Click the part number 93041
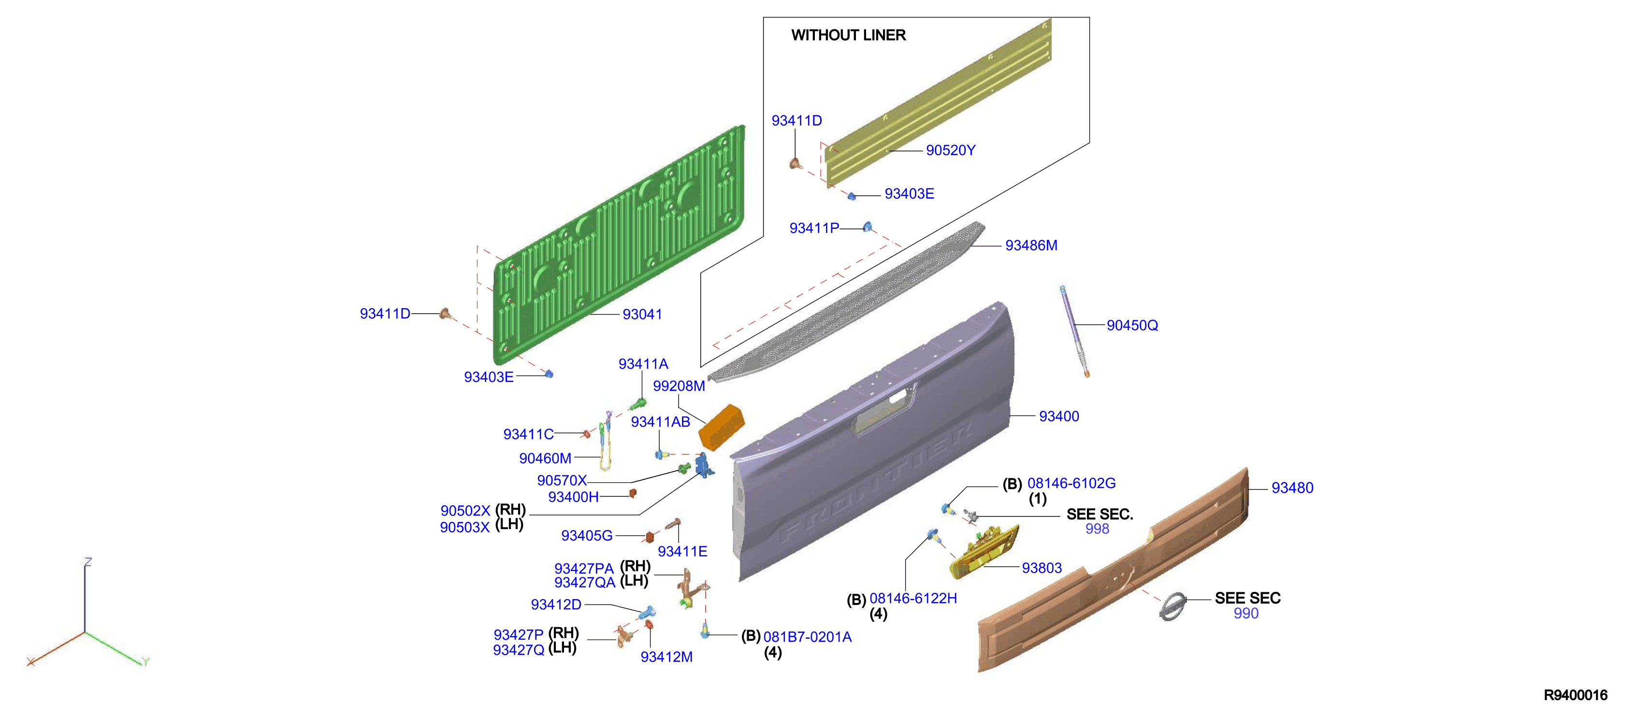642,315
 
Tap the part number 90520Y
950,151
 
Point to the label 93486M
1031,245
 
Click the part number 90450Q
1132,325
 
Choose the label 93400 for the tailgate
1059,416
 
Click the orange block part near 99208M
721,428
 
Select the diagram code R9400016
1575,695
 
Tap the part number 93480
1292,488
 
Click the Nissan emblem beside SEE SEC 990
1173,606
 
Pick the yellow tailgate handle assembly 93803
984,551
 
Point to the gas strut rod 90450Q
1074,331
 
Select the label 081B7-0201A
807,637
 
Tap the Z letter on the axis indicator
88,562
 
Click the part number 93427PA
584,568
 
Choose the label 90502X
465,511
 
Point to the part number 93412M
666,657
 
